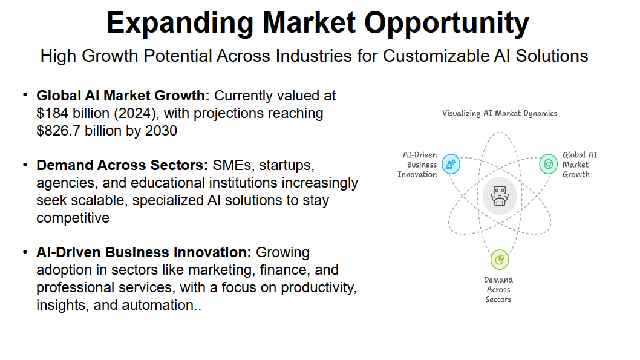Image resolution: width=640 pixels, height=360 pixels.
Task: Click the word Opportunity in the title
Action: (446, 23)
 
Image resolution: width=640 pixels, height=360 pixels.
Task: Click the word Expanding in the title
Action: (180, 23)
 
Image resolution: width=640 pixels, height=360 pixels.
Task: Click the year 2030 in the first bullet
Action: (162, 131)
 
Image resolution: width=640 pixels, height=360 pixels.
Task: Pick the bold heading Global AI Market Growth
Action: (123, 96)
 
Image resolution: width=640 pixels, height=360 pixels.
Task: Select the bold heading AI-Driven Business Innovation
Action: (144, 252)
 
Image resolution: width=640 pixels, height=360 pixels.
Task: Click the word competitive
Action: (73, 218)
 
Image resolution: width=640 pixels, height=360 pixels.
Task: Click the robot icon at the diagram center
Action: (500, 196)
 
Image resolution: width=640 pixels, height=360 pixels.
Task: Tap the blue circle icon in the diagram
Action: (451, 164)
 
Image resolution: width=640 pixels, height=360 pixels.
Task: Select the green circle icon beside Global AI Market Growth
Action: (548, 164)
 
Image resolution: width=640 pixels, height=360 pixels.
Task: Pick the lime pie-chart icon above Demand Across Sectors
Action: (500, 260)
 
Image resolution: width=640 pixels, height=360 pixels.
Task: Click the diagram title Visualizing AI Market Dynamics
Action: (500, 114)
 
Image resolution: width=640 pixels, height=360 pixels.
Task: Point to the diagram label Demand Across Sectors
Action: (498, 289)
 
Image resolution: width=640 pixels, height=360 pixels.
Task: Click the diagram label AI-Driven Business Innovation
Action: (417, 165)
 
